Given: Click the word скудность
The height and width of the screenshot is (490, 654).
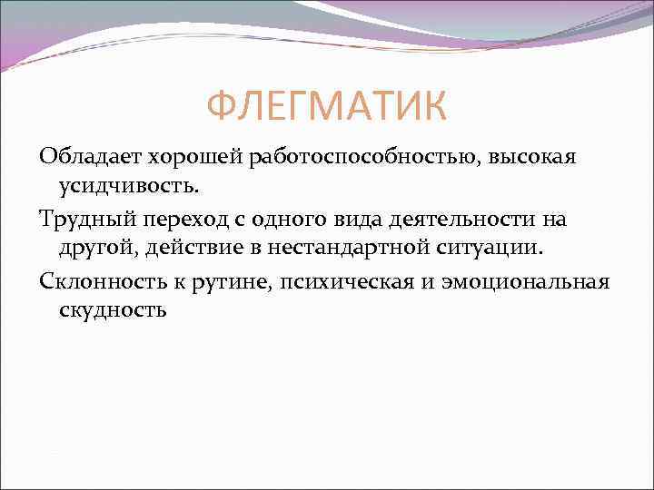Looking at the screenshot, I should (x=114, y=309).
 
